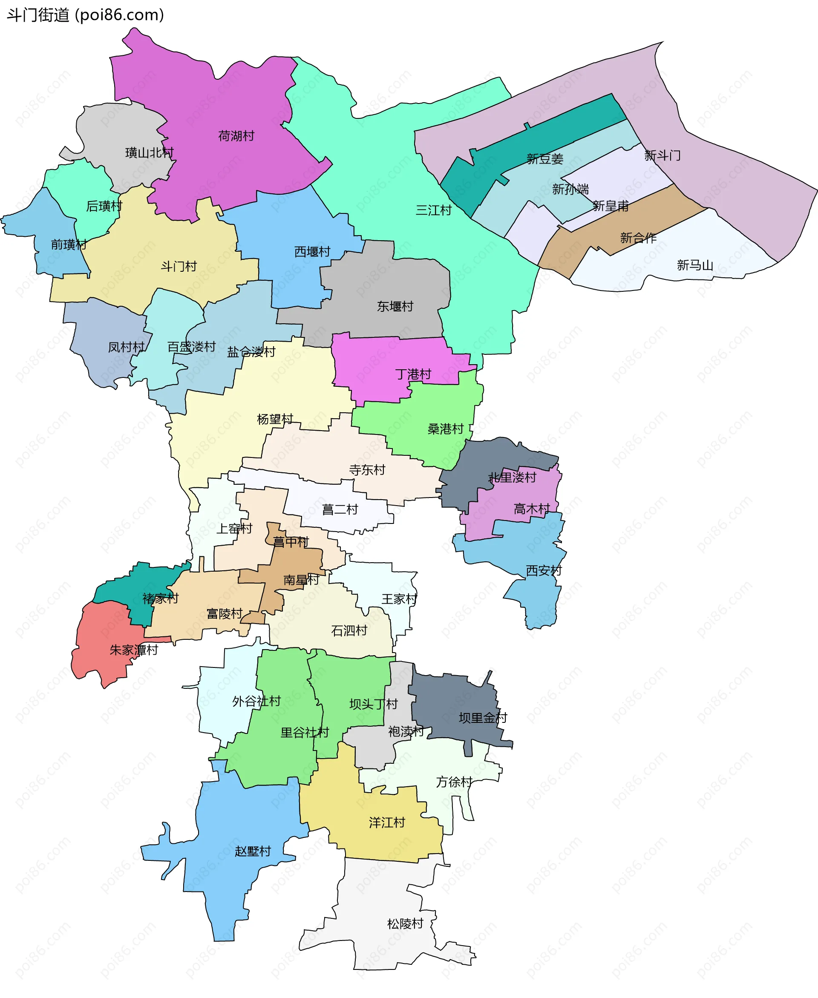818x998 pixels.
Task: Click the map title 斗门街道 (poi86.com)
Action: tap(85, 15)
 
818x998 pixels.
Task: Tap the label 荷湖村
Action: tap(236, 136)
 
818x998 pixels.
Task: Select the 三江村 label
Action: tap(434, 210)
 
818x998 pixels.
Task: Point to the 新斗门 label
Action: tap(662, 155)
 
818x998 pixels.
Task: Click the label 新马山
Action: tap(694, 266)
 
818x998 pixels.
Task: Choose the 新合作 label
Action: tap(638, 238)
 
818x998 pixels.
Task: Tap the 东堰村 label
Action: tap(395, 307)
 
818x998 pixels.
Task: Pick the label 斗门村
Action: tap(179, 267)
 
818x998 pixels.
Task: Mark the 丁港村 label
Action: tap(413, 374)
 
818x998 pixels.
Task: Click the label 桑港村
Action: tap(445, 429)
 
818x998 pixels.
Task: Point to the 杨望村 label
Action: tap(275, 419)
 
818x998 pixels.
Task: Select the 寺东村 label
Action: tap(367, 470)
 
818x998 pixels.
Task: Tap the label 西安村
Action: tap(544, 571)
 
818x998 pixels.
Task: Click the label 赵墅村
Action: tap(253, 851)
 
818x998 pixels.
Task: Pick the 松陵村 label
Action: tap(405, 923)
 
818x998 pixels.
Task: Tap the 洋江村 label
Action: tap(387, 823)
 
